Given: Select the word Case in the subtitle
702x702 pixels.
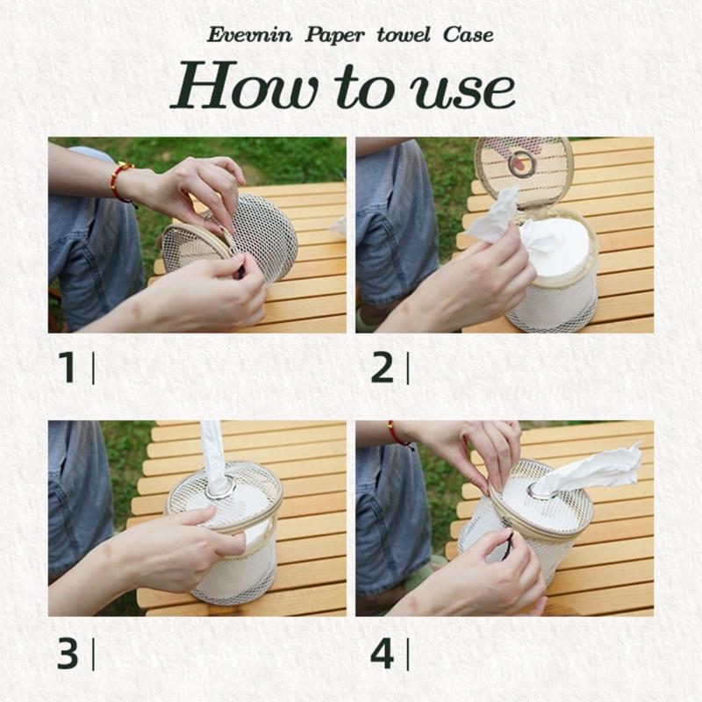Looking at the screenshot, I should [468, 36].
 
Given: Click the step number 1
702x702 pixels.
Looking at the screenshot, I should [67, 369].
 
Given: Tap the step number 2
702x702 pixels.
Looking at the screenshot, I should [383, 369].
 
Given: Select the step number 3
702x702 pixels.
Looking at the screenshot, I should [68, 654].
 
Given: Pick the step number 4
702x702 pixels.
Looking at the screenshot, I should [383, 654].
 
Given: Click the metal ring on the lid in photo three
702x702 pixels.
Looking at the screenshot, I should [218, 487].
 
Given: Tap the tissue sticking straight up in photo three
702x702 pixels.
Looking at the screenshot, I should [213, 452].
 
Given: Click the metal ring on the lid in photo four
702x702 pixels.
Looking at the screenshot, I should [535, 493].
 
